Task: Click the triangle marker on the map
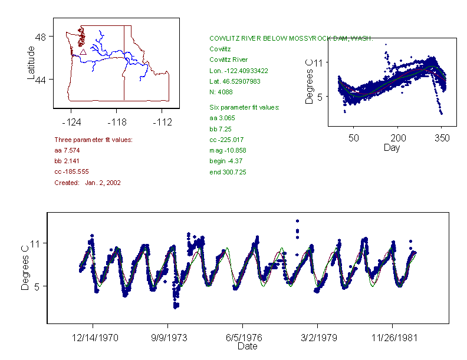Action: (83, 52)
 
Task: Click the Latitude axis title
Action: (31, 62)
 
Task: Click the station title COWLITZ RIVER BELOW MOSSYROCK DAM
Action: (291, 38)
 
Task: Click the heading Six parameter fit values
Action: (244, 107)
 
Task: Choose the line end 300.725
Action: (228, 172)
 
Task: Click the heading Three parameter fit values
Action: (93, 140)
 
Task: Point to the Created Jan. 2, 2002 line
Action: (87, 183)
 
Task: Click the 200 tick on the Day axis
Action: (398, 138)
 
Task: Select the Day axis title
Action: (392, 147)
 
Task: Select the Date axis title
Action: (247, 346)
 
